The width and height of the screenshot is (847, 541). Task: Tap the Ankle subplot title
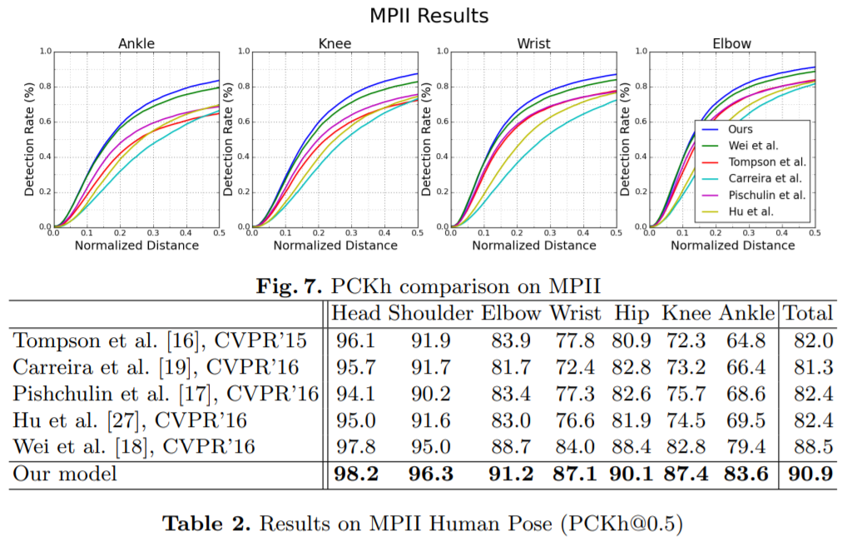click(x=136, y=43)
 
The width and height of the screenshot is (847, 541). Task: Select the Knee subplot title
click(x=334, y=43)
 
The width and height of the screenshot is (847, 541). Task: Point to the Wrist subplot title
click(x=533, y=43)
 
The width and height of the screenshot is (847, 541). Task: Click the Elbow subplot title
click(x=731, y=43)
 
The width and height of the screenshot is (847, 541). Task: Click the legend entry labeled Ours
click(x=740, y=130)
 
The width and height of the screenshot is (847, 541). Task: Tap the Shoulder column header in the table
click(x=431, y=313)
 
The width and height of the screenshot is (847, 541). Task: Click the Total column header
click(x=808, y=313)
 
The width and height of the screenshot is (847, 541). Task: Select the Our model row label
click(x=65, y=474)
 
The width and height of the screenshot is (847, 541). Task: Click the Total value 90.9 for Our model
click(x=808, y=474)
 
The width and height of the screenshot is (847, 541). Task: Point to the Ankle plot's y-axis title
click(x=30, y=140)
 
